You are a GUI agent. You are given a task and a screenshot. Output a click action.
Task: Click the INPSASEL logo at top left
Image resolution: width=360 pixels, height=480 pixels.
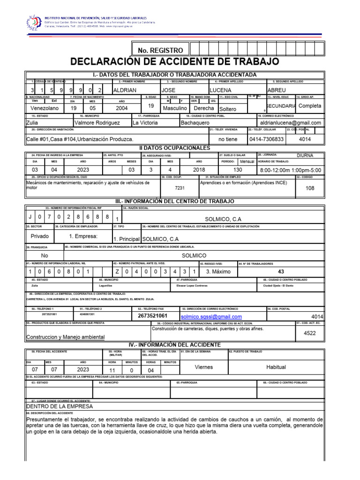point(33,22)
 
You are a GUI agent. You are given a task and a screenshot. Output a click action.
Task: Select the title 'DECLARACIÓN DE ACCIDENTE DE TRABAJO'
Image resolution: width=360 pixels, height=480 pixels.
point(174,62)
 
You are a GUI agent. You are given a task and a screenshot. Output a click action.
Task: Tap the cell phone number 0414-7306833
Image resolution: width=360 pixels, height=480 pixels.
point(262,139)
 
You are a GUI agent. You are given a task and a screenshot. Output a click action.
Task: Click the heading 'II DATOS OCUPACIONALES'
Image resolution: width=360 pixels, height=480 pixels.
point(174,148)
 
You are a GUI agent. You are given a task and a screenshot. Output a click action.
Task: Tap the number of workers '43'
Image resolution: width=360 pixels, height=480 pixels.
point(281,271)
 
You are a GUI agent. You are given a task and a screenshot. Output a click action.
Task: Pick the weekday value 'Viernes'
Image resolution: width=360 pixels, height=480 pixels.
point(203,368)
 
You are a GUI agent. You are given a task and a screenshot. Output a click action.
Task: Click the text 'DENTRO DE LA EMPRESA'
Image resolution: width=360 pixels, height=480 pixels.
point(60,406)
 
